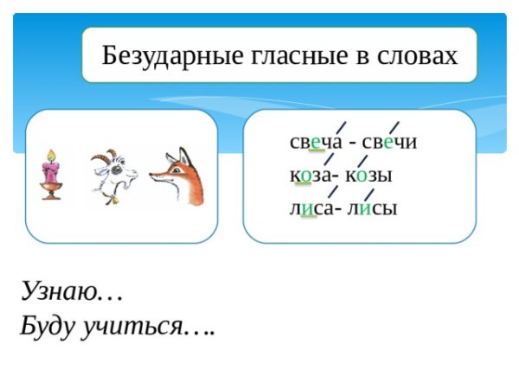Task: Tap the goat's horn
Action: coord(103,156)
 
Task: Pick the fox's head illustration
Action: coord(177,177)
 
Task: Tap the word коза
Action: coord(312,175)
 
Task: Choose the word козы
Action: coord(369,175)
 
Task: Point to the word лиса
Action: coord(311,208)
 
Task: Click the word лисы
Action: coord(371,208)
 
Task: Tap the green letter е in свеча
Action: coord(317,143)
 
